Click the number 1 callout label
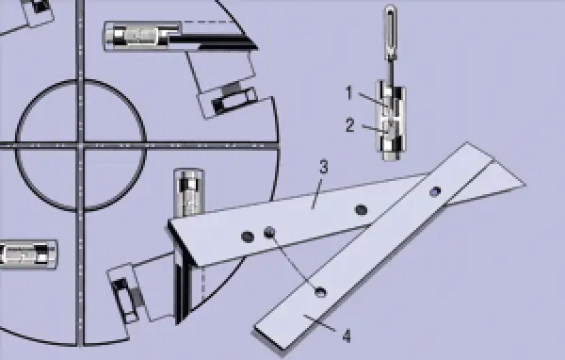[348, 92]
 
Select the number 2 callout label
[348, 123]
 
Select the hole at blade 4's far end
[434, 192]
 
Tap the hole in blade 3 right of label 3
[361, 209]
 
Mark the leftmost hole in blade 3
[248, 236]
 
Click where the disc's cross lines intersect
[82, 145]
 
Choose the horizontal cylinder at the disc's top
[141, 37]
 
